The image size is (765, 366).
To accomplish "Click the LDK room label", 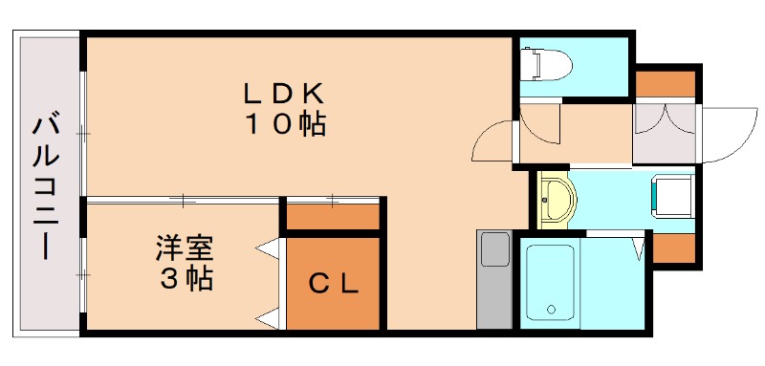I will (284, 94).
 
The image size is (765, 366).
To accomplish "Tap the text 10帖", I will (284, 124).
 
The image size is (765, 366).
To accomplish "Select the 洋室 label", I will (185, 248).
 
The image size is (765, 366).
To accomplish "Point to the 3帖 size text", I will (185, 279).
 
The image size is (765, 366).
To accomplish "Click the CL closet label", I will (333, 283).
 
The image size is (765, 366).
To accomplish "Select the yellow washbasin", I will (555, 199).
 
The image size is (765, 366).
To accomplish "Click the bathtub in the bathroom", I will (550, 283).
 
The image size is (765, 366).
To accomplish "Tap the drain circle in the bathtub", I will (551, 309).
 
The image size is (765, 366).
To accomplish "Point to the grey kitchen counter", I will (494, 279).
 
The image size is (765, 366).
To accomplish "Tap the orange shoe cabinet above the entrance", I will (666, 84).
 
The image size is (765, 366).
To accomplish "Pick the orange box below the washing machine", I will (672, 247).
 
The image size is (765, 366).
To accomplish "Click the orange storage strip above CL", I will (333, 217).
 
